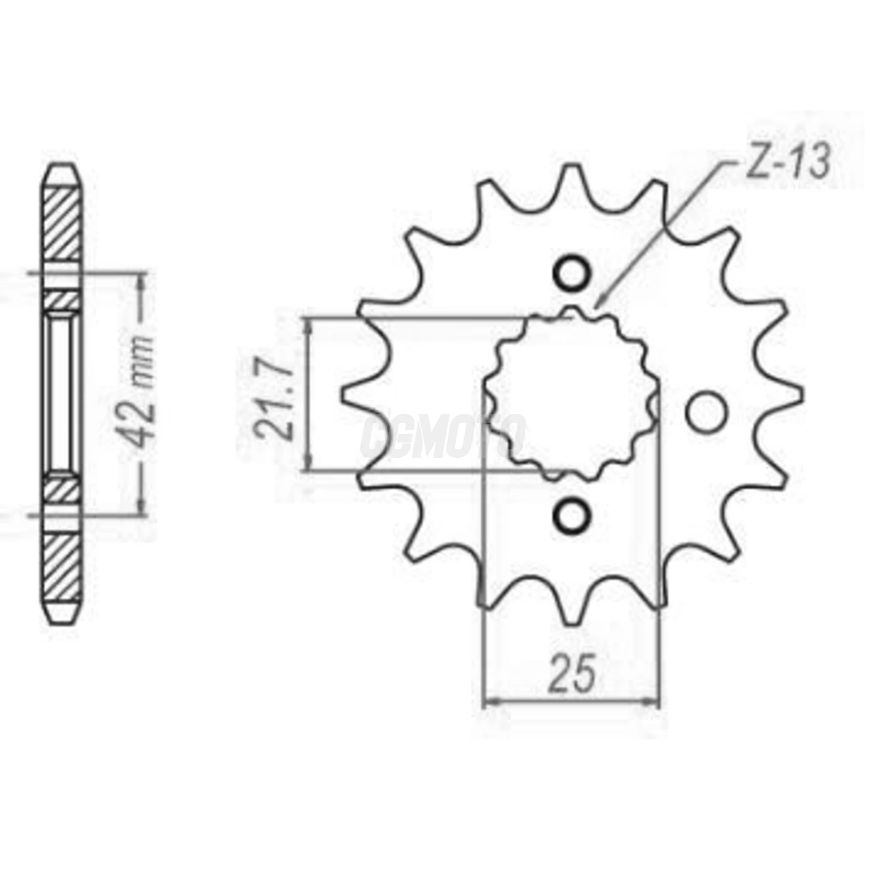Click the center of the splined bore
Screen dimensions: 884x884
[x=571, y=395]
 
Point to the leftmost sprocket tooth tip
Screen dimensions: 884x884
[x=344, y=395]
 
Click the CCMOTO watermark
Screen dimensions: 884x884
[x=442, y=436]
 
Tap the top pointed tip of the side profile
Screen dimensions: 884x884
[x=63, y=165]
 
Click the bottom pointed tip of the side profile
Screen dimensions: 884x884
[x=63, y=624]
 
